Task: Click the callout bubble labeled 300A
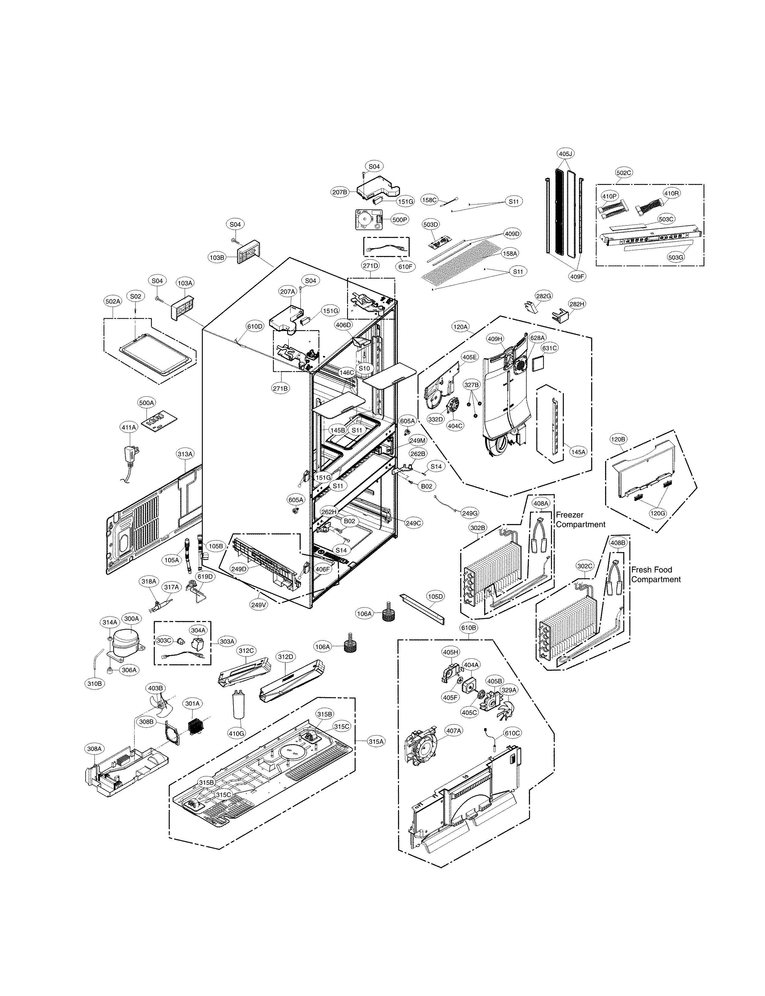[x=132, y=619]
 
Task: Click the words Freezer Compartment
[x=580, y=520]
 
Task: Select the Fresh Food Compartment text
[x=655, y=574]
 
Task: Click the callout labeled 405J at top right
[x=565, y=154]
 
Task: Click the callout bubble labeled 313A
[x=185, y=454]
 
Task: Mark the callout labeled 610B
[x=469, y=628]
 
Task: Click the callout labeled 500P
[x=399, y=220]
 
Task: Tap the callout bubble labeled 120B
[x=618, y=439]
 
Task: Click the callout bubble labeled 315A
[x=376, y=742]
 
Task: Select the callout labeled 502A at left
[x=112, y=301]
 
